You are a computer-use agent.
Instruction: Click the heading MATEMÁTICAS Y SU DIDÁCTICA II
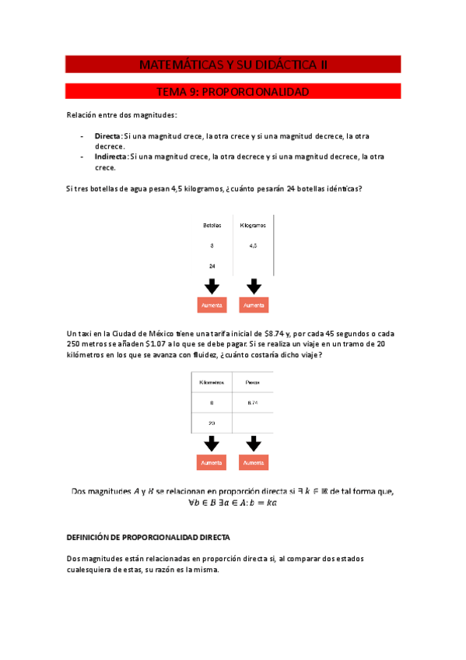coord(233,65)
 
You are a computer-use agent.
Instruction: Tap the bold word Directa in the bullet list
coord(107,135)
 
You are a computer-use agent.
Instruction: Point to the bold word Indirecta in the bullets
coord(110,156)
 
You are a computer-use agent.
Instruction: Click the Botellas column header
coord(212,225)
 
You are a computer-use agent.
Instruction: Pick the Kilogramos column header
coord(254,225)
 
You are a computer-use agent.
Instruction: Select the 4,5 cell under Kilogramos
coord(254,245)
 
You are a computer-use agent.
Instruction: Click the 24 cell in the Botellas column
coord(212,265)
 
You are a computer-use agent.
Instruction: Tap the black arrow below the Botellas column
coord(212,286)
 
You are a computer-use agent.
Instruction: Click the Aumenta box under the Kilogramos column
coord(254,306)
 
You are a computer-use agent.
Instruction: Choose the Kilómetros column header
coord(212,383)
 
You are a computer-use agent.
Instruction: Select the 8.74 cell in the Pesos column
coord(253,403)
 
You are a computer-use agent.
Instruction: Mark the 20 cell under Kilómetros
coord(212,423)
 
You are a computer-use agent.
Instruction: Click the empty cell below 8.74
coord(253,423)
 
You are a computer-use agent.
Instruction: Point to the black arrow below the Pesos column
coord(253,444)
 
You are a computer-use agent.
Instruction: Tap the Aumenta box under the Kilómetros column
coord(212,463)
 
